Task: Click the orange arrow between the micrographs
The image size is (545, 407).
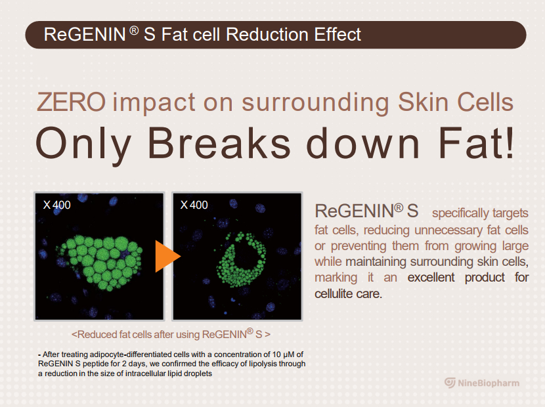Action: point(166,256)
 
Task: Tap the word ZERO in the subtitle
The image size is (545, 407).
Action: point(72,102)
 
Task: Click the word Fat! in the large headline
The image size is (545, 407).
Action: point(476,143)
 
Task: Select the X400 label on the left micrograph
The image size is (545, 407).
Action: point(56,205)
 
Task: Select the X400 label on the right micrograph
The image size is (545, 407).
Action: point(194,205)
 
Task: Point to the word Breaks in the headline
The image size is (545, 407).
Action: point(219,143)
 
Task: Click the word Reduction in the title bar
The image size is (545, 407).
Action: point(267,34)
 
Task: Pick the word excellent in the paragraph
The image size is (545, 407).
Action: point(431,278)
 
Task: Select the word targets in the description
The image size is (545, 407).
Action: point(510,213)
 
